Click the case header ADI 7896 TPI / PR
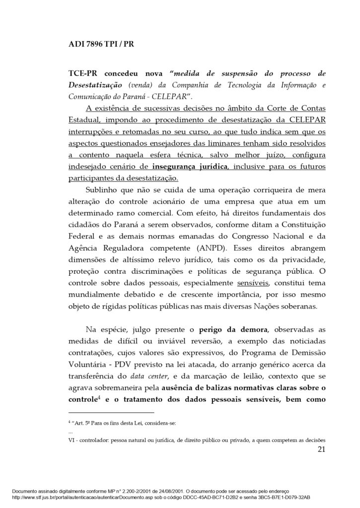(x=101, y=44)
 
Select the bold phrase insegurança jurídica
(x=196, y=166)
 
